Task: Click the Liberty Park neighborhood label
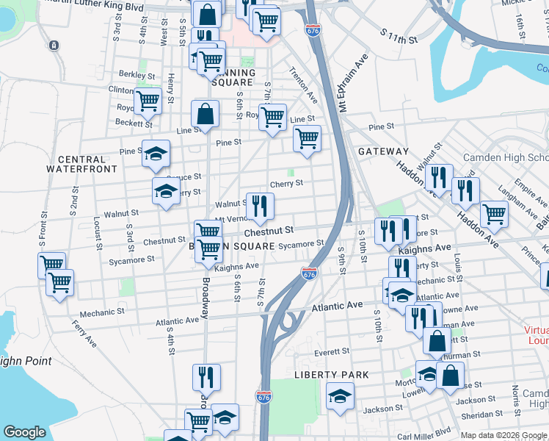pos(331,375)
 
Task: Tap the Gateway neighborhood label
pos(382,151)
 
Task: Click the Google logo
pos(25,432)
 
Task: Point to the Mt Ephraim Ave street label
pos(352,81)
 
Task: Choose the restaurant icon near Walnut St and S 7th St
pos(260,205)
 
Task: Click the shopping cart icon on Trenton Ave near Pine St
pos(307,137)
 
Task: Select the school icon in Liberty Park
pos(340,396)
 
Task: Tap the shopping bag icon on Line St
pos(205,114)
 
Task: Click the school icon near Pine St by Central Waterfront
pos(156,153)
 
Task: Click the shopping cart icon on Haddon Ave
pos(494,214)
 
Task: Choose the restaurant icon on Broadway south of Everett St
pos(206,377)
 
